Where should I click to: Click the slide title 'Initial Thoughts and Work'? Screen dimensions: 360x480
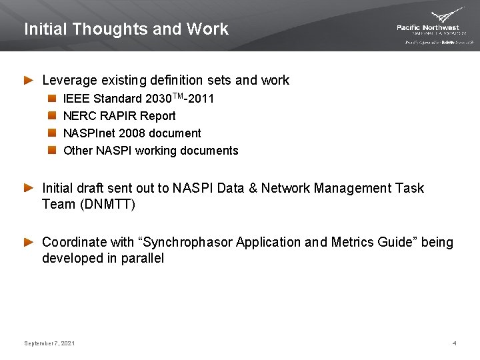point(126,29)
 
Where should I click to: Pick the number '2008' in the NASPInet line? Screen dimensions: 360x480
point(126,133)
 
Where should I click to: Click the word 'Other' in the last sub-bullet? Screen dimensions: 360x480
point(78,151)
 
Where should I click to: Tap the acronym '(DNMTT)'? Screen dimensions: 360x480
point(107,205)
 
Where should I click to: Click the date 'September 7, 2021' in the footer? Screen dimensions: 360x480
point(49,343)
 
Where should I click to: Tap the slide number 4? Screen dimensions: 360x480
point(454,343)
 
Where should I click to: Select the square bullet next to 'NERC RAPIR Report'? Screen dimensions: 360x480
point(52,116)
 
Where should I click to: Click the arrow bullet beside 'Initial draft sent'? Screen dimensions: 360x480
point(29,189)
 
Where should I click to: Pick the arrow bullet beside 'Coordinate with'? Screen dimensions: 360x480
point(29,243)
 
